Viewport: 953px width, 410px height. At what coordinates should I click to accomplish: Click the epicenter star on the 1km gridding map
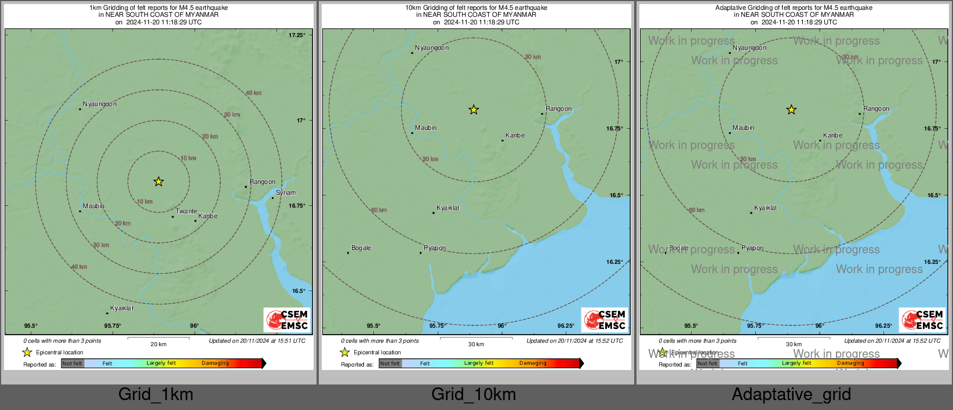coord(158,182)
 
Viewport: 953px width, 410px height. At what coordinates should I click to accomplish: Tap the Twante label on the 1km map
coord(186,212)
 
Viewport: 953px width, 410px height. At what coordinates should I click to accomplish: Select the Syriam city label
coord(286,193)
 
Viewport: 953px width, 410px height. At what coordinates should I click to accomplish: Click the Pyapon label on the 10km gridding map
coord(435,248)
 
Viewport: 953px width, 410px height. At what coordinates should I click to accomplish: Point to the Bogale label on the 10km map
coord(361,248)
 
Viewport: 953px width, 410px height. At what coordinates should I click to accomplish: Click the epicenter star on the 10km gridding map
coord(474,110)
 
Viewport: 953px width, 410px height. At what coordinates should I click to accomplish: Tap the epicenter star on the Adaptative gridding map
coord(791,110)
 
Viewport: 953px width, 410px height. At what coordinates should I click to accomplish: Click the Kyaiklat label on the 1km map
coord(122,309)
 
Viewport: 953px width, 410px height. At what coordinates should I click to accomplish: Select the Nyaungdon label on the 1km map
coord(100,104)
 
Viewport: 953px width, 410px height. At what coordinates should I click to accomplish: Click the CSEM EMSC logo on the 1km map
coord(288,320)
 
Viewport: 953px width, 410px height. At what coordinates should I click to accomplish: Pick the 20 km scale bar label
coord(158,344)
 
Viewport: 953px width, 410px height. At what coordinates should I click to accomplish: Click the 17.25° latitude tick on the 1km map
coord(297,35)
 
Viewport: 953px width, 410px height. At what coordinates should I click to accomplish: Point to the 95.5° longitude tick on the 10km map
coord(373,326)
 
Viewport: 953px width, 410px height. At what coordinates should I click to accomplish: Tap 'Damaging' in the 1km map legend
coord(215,364)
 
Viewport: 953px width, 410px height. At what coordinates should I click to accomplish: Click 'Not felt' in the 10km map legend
coord(390,364)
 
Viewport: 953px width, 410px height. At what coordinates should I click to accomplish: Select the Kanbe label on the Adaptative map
coord(833,136)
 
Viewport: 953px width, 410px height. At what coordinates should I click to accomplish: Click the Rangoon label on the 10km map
coord(559,109)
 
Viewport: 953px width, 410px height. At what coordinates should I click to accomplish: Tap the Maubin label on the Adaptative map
coord(743,128)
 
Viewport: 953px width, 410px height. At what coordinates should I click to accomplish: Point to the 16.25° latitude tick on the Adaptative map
coord(932,262)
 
